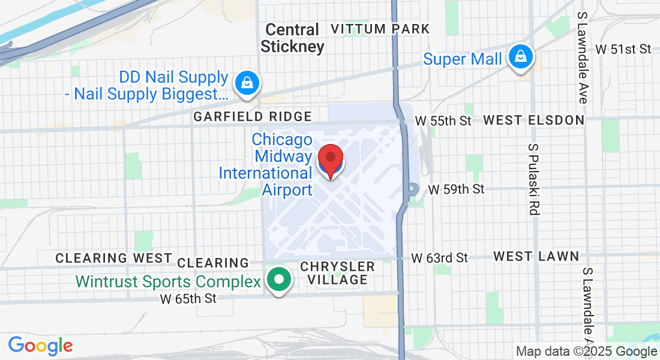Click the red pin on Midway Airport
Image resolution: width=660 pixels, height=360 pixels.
point(329,159)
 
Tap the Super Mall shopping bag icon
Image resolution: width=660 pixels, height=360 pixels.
point(521,57)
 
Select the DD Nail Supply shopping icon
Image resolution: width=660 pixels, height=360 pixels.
point(247,82)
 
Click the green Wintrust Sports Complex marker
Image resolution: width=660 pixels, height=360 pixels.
point(278,280)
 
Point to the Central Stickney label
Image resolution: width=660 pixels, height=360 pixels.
point(292,38)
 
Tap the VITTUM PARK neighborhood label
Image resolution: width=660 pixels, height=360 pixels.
point(380,29)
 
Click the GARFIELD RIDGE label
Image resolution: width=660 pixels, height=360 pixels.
point(252,116)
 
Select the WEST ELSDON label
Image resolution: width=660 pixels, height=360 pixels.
point(533,120)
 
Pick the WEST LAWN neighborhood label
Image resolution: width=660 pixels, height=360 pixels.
point(536,257)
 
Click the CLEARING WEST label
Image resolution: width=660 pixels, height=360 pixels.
point(113,258)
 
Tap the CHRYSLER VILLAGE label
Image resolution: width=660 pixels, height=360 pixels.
point(337,272)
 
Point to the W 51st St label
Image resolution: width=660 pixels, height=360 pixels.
point(623,49)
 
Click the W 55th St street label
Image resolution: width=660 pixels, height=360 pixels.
point(443,121)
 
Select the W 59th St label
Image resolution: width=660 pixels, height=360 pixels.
point(456,190)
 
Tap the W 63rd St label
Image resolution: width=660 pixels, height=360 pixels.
point(439,258)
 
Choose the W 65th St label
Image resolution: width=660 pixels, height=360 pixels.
point(188,298)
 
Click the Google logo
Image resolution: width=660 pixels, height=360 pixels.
point(40,346)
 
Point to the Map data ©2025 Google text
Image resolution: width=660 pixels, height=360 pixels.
point(586,352)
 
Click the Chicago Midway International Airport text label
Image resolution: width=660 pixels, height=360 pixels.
point(265,164)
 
